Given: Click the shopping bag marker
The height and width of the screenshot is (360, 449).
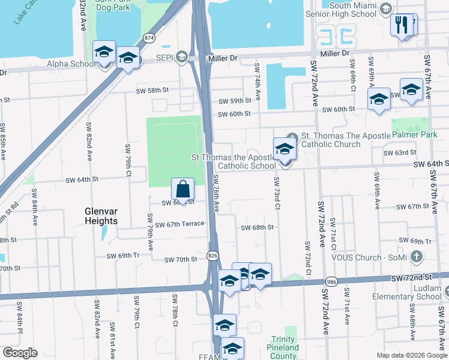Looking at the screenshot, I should tap(183, 190).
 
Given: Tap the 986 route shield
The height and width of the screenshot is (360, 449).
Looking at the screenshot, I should tap(331, 281).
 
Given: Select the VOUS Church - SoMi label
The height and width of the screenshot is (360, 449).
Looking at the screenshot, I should tap(370, 257).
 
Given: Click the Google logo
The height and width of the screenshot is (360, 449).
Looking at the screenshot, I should tap(20, 352).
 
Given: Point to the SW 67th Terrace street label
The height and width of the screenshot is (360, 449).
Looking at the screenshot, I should tap(179, 224).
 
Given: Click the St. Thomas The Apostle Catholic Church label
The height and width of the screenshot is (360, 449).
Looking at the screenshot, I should tap(330, 140).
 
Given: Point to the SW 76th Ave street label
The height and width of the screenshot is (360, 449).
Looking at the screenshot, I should tap(215, 192).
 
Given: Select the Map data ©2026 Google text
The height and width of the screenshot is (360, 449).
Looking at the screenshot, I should tap(411, 355).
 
